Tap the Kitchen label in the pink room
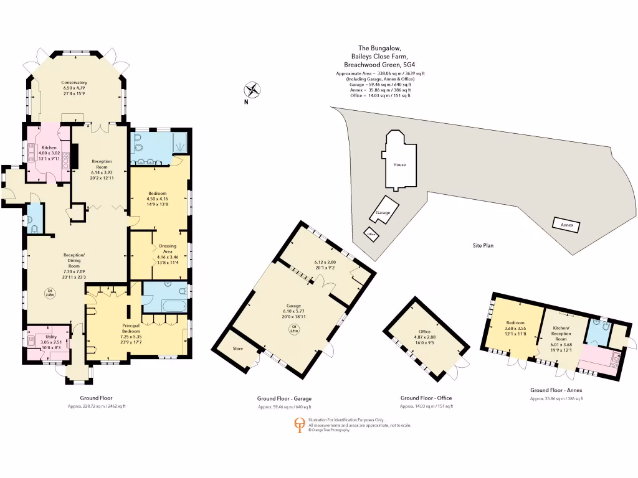[49, 148]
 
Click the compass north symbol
[252, 90]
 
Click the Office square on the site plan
[373, 235]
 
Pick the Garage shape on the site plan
[383, 212]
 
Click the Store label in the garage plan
[237, 349]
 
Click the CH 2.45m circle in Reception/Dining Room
[49, 292]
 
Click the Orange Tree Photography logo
[299, 425]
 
